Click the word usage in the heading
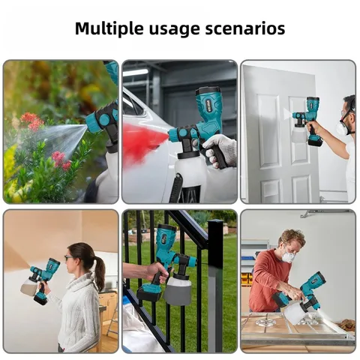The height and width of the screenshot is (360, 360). [184, 29]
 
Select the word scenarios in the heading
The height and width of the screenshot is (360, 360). [250, 29]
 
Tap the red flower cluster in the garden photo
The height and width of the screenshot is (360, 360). [31, 121]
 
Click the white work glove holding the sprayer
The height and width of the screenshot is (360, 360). [220, 149]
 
